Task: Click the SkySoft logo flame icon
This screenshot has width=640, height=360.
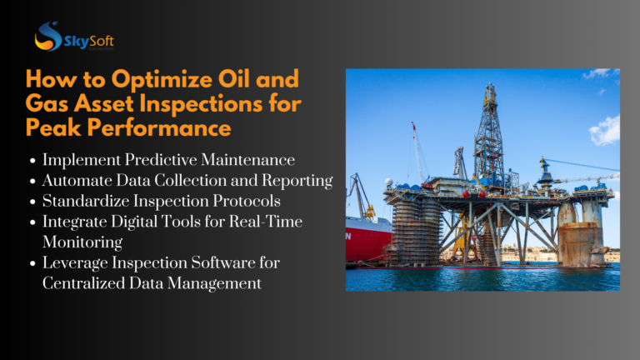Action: (47, 36)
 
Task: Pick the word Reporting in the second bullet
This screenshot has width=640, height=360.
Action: (296, 179)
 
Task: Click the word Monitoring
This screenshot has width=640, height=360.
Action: (82, 242)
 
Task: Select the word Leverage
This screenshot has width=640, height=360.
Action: (73, 263)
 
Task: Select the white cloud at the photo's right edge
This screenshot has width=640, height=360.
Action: (607, 129)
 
